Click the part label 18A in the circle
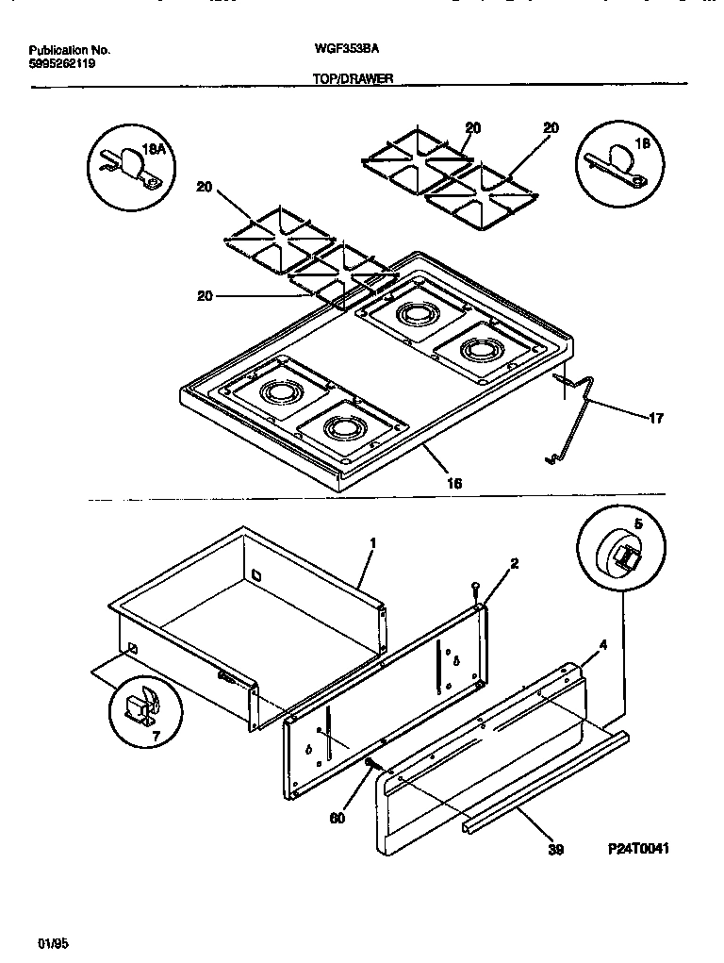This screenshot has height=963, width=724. (153, 149)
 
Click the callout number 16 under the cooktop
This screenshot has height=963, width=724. (454, 483)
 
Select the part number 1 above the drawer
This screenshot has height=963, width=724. (373, 543)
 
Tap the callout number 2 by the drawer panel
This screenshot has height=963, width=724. (514, 564)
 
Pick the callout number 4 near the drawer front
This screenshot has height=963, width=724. (602, 646)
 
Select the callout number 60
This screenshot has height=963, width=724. (337, 817)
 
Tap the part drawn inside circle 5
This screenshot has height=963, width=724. (620, 555)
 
